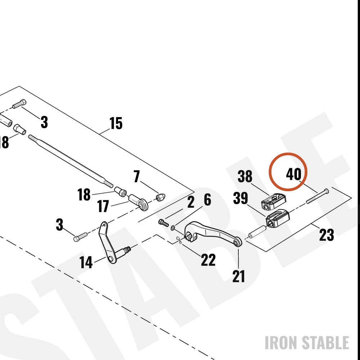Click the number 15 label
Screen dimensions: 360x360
pos(116,123)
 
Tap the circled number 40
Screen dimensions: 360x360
pos(294,174)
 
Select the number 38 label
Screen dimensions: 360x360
pos(245,176)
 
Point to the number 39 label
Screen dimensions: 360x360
pos(240,198)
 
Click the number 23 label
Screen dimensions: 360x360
pos(327,235)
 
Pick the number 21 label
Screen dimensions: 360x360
pos(239,276)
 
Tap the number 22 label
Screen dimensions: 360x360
pos(208,260)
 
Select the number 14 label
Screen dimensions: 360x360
pos(86,262)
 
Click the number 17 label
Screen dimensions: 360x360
pos(103,206)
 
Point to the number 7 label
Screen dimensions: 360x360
pos(137,176)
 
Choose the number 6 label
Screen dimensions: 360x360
pos(207,200)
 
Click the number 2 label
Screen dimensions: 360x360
pos(191,202)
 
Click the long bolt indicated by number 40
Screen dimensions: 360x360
pos(317,197)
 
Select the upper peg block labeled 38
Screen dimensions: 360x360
pos(274,202)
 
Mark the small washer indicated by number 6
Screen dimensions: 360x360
pos(173,228)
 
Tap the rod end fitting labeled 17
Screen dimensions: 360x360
pos(138,202)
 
